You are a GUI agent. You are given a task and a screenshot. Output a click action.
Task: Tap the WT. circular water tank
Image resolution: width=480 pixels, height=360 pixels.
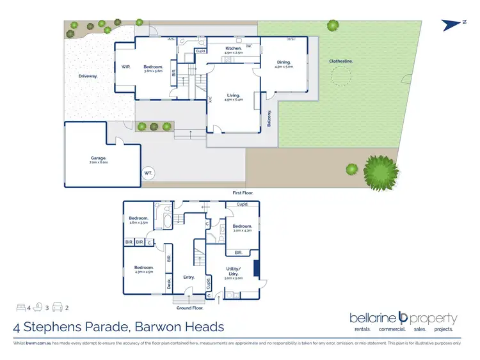148,173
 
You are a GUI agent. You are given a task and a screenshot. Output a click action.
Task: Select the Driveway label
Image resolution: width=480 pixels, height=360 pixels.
88,76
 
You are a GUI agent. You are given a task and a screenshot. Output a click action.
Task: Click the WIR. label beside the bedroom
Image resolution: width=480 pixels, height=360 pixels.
126,67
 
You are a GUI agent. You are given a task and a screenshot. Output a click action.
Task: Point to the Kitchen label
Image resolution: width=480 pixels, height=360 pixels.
233,49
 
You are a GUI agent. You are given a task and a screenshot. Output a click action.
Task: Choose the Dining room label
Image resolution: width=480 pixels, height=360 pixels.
284,62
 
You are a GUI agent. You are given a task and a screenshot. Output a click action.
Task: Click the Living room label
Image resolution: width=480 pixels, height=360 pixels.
232,95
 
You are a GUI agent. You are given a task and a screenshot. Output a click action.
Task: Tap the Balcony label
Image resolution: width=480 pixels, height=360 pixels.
269,119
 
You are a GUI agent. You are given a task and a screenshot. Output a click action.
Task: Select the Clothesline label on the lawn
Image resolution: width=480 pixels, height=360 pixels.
341,61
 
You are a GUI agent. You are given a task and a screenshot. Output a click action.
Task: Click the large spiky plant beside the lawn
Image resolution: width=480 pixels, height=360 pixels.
376,170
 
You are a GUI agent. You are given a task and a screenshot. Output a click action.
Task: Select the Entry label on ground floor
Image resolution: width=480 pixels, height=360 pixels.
189,277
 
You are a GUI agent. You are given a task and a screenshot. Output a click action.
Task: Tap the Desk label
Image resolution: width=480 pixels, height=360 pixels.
169,281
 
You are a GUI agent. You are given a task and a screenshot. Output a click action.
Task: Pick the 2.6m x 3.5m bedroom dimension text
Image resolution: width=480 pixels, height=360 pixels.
139,223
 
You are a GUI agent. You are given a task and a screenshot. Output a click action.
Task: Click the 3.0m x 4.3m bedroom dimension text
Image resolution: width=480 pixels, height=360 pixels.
243,230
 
